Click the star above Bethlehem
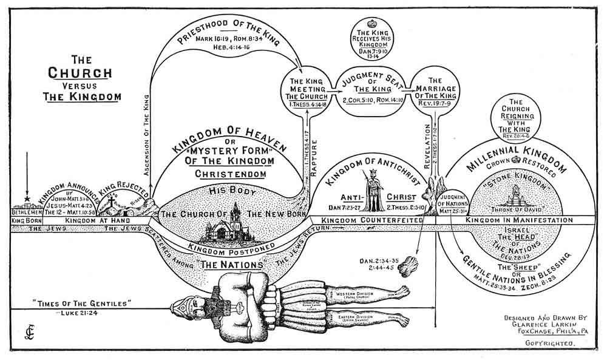pos(27,199)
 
